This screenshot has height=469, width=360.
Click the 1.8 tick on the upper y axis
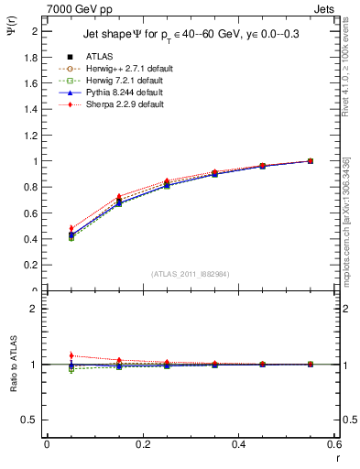pyautogui.click(x=31, y=57)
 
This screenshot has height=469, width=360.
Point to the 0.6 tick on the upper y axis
pyautogui.click(x=31, y=213)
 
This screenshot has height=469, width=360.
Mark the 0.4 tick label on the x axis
pyautogui.click(x=238, y=444)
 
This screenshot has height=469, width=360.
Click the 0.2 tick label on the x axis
pyautogui.click(x=142, y=444)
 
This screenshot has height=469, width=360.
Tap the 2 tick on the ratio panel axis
pyautogui.click(x=33, y=309)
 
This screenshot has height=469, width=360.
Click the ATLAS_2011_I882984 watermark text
pyautogui.click(x=191, y=274)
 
